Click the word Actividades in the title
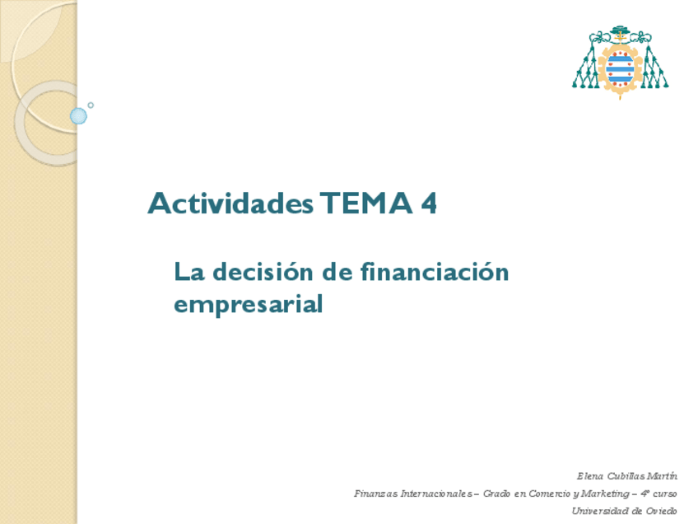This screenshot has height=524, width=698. click(x=230, y=204)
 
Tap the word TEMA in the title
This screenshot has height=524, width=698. click(x=366, y=204)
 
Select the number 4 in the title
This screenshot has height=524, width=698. click(x=428, y=204)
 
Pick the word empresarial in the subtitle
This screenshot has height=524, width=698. click(x=248, y=304)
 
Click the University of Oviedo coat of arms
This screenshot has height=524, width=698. click(x=620, y=62)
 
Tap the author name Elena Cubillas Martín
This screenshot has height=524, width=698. click(x=627, y=475)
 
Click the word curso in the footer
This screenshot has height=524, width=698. click(x=665, y=494)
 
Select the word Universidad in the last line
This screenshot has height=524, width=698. click(x=601, y=511)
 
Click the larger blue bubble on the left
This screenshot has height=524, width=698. click(x=78, y=116)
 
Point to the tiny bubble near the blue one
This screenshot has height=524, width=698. click(x=91, y=105)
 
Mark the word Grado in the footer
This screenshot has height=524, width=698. click(x=496, y=494)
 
